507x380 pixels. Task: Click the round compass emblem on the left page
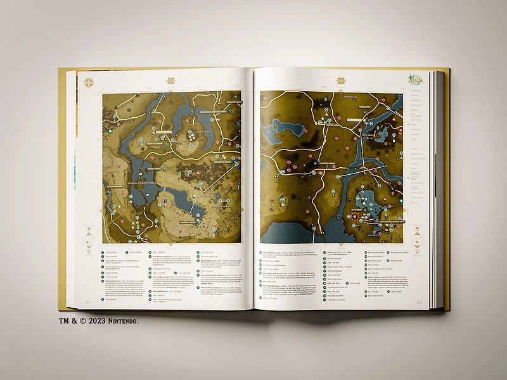(89, 82)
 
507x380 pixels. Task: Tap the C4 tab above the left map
(170, 80)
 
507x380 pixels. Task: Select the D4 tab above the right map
(340, 80)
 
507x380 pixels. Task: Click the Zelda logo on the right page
(416, 80)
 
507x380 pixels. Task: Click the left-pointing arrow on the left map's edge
(100, 209)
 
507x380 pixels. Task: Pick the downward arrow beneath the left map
(172, 245)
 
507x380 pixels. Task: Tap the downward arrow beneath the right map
(340, 245)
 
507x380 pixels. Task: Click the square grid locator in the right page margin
(416, 235)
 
